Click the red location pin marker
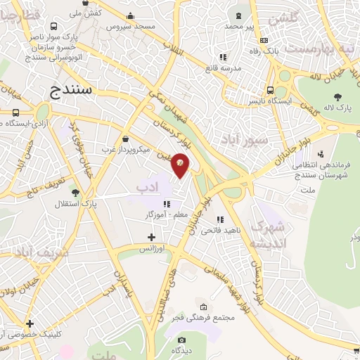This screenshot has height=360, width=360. (181, 164)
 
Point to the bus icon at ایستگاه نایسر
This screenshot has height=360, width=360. (271, 90)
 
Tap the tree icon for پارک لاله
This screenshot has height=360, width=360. (337, 96)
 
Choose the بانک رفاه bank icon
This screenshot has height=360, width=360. (264, 40)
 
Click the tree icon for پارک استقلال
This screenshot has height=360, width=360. (76, 192)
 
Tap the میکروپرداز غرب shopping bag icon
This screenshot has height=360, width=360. (125, 139)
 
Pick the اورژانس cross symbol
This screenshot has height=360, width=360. (151, 238)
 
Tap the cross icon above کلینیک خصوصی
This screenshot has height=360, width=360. (30, 324)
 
